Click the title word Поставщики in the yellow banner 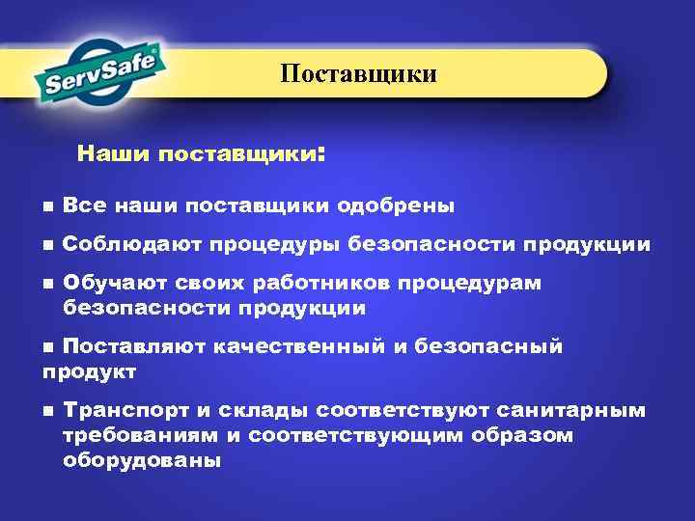(x=359, y=74)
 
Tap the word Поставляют (x=128, y=346)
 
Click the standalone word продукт (x=89, y=370)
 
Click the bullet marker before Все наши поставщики (x=48, y=206)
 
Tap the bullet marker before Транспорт (x=48, y=412)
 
